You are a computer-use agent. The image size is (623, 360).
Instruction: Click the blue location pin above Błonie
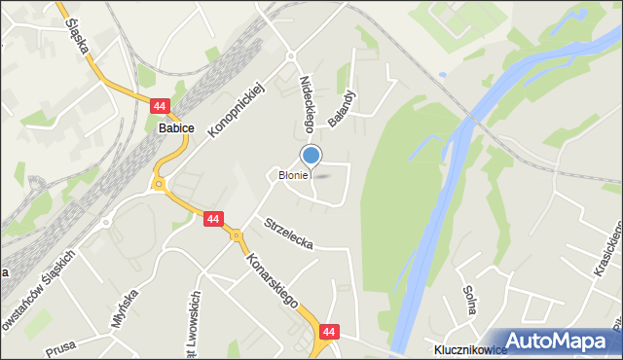[x=311, y=156]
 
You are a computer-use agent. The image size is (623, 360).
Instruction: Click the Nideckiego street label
[x=308, y=104]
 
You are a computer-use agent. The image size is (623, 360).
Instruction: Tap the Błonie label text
[x=293, y=176]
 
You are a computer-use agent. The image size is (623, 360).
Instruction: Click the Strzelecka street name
[x=288, y=234]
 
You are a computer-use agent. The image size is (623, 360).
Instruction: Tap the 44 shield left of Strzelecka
[x=213, y=220]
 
